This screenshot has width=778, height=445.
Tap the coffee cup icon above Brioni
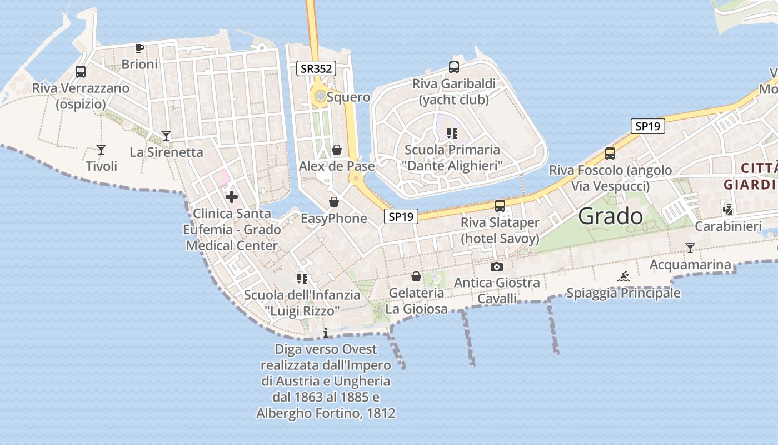click(139, 48)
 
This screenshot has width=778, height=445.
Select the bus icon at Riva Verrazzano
click(81, 72)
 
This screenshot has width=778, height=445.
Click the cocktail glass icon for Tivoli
click(101, 149)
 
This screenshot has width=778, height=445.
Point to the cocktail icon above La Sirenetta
click(166, 135)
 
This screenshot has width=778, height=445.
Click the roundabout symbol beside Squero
click(320, 97)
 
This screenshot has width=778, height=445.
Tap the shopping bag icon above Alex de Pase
click(337, 150)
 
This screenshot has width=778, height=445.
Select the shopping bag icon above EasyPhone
click(334, 202)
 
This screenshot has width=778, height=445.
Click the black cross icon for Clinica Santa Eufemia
click(232, 196)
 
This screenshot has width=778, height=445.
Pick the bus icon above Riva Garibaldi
click(454, 67)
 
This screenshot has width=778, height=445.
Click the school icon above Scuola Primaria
click(452, 133)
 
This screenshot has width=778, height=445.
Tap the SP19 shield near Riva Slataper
click(401, 217)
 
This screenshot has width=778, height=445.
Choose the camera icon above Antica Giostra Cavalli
click(497, 266)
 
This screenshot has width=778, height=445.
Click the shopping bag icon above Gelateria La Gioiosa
click(416, 276)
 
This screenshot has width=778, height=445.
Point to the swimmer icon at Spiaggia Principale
click(624, 276)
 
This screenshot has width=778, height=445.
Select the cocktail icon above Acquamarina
click(690, 248)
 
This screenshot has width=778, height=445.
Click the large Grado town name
click(610, 216)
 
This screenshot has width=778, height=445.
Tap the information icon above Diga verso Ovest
click(326, 333)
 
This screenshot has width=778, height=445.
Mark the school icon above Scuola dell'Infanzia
click(302, 278)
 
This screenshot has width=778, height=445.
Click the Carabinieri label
click(729, 226)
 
